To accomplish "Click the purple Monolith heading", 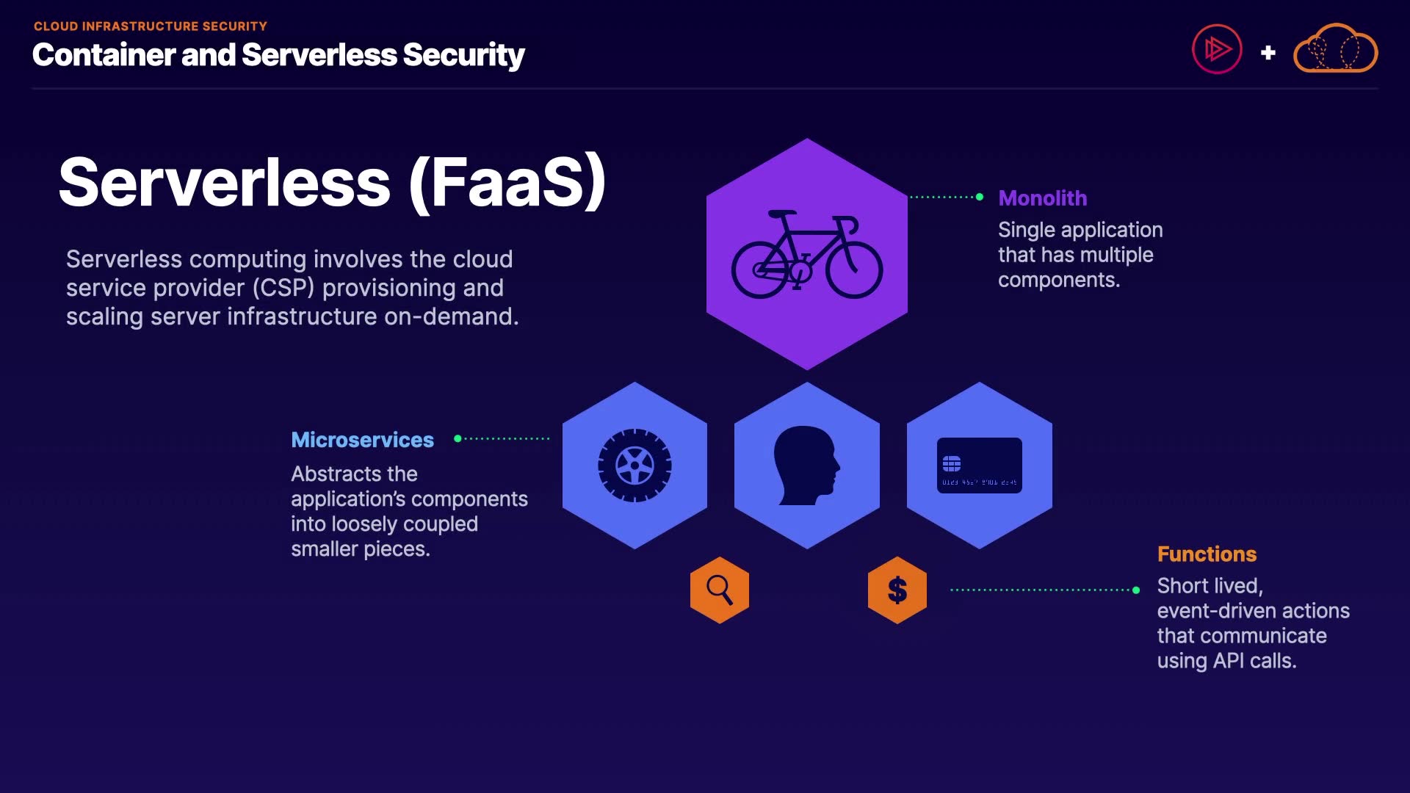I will (x=1042, y=198).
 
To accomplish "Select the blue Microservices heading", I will (x=362, y=440).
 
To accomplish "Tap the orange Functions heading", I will (x=1207, y=554).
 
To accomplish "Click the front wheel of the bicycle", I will (x=854, y=269).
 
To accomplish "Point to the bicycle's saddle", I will (x=781, y=214).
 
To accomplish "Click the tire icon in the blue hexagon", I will (x=634, y=466).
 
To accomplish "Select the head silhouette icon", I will (x=806, y=466).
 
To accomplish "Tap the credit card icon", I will (x=979, y=466).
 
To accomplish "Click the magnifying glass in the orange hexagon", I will (x=719, y=590).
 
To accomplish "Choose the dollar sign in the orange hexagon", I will (x=897, y=590).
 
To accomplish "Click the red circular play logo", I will (x=1217, y=50).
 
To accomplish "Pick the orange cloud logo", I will (x=1335, y=50).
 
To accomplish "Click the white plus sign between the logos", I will (x=1268, y=53).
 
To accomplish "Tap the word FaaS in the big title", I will (x=507, y=183).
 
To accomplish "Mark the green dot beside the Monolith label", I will (x=980, y=197).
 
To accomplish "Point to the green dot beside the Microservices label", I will (x=458, y=438).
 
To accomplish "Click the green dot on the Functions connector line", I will (x=1136, y=590).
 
